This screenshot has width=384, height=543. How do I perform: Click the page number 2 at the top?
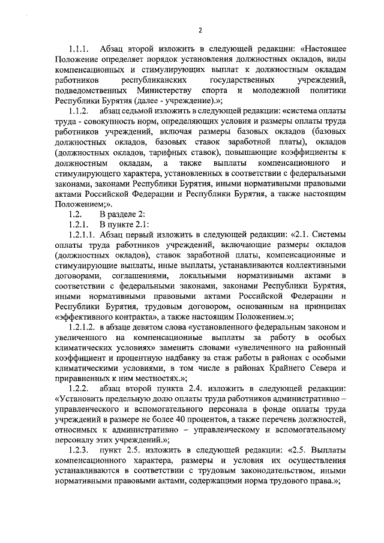tap(200, 31)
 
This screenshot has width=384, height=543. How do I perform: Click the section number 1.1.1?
tap(79, 48)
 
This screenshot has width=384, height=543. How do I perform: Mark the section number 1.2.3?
tap(79, 451)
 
